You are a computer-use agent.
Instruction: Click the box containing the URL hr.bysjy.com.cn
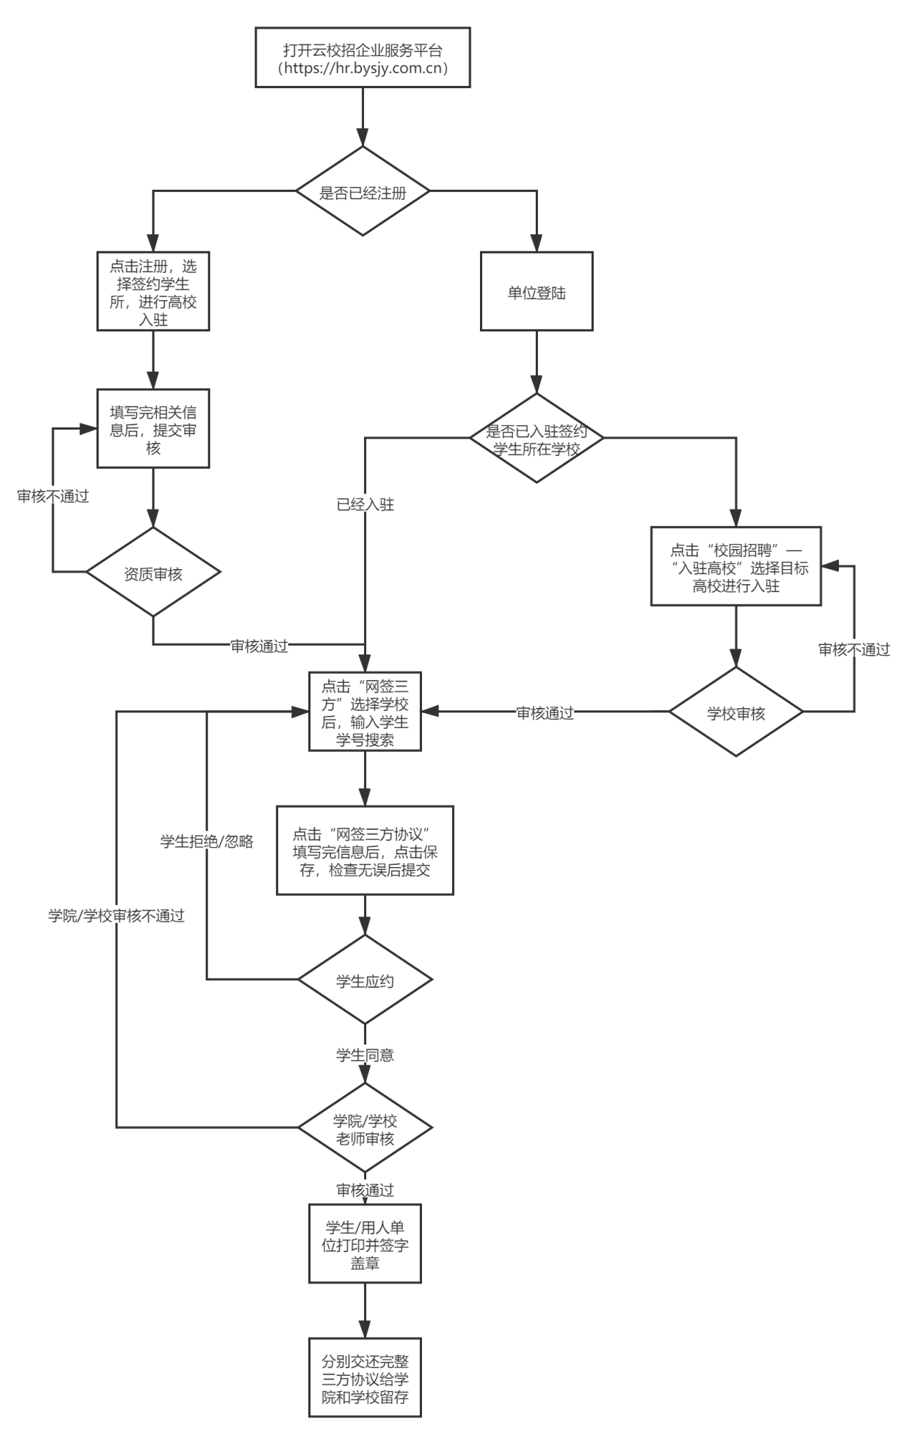click(363, 58)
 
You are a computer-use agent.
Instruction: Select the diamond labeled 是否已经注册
click(363, 192)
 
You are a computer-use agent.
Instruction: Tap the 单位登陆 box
click(536, 291)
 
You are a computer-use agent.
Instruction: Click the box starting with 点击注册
click(153, 291)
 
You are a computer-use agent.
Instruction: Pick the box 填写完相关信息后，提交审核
click(153, 430)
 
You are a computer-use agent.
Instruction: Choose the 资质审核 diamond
click(153, 573)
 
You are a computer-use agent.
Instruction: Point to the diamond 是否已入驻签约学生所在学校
click(536, 438)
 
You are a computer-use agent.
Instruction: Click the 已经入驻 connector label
click(366, 504)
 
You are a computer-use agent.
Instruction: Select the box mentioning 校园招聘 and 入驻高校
click(736, 567)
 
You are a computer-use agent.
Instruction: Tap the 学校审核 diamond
click(736, 712)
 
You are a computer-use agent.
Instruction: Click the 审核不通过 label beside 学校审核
click(854, 649)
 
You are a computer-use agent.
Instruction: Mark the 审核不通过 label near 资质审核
click(54, 495)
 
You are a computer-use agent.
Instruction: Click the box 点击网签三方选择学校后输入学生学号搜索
click(365, 712)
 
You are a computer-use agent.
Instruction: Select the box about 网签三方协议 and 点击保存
click(365, 851)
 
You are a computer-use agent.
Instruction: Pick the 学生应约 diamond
click(365, 980)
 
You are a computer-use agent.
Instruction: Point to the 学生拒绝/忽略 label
click(207, 841)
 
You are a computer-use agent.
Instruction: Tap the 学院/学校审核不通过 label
click(117, 915)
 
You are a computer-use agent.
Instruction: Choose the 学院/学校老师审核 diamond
click(365, 1129)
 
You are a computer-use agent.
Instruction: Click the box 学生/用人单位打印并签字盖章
click(365, 1245)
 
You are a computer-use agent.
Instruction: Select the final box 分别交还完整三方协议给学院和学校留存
click(365, 1377)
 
